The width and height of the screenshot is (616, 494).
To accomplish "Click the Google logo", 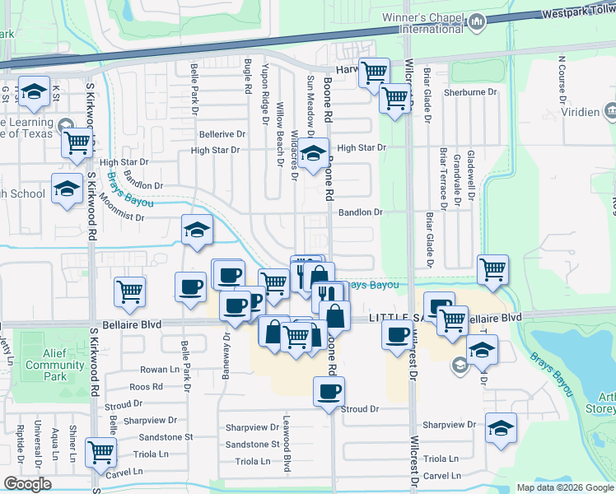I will pos(28,484).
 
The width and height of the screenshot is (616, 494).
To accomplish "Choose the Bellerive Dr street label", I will pos(222,133).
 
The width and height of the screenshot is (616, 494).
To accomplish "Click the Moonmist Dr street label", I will pos(121,218).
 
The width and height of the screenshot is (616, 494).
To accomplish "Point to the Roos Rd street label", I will pos(145,386).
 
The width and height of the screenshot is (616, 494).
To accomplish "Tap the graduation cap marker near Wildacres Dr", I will pos(312,153).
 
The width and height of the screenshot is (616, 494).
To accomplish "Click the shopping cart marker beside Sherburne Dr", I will pos(395,99).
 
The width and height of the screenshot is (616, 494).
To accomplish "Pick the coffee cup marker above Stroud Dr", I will pos(329,391).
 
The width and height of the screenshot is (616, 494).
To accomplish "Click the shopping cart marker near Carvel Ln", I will pos(100,451).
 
